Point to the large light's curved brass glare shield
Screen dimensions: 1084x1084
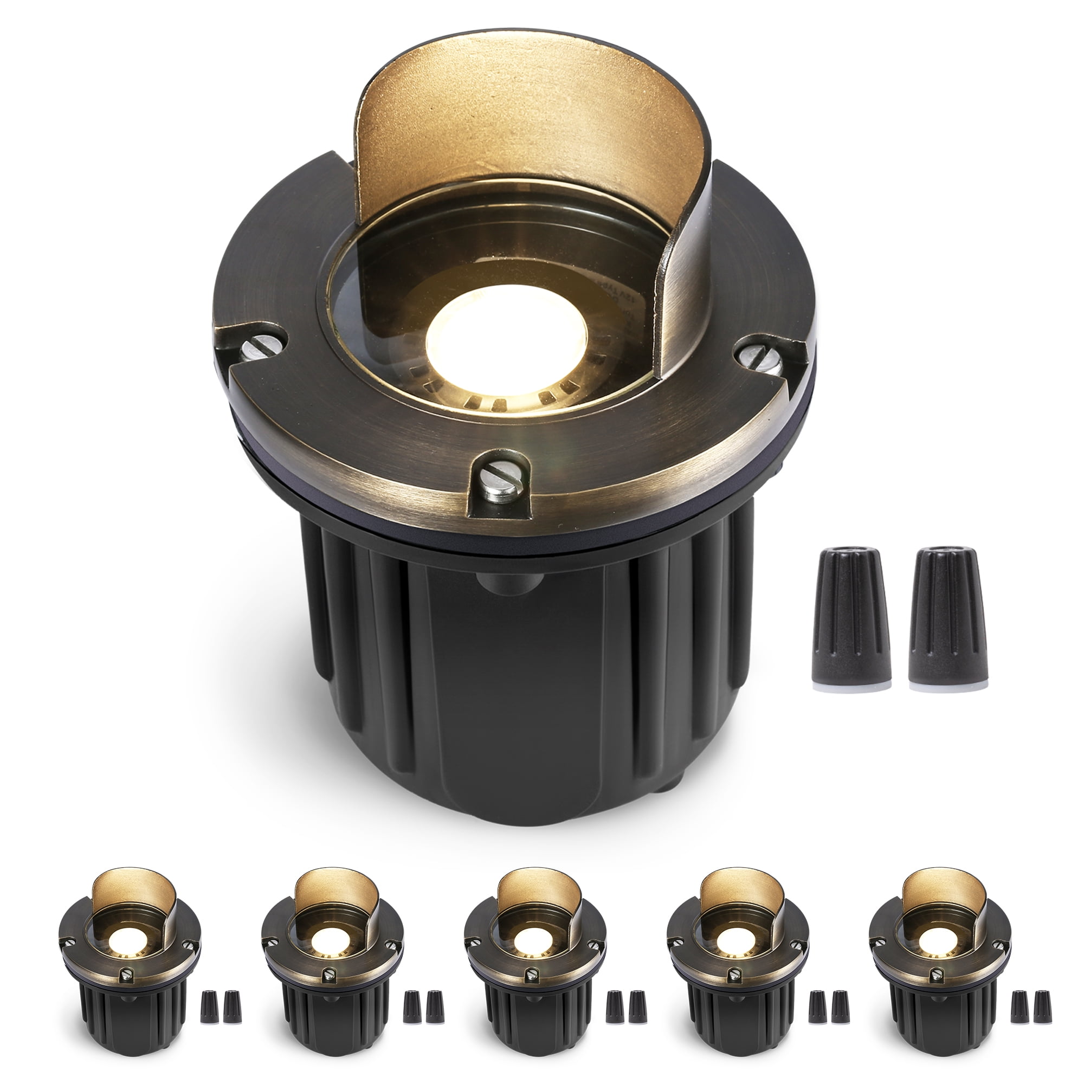533,112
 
